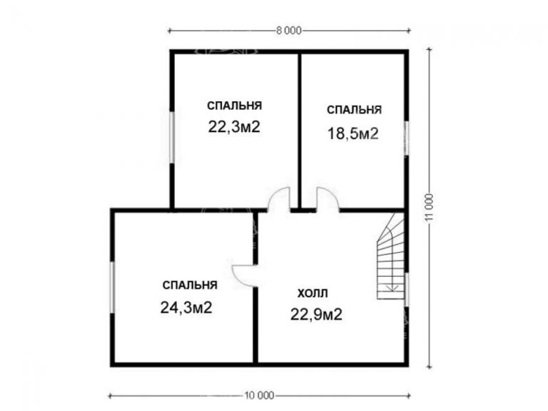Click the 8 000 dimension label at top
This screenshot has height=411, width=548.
tap(289, 30)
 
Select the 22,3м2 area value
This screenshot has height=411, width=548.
tap(233, 128)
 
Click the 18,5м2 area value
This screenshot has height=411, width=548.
tap(352, 133)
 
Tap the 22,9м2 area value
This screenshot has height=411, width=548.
tap(316, 313)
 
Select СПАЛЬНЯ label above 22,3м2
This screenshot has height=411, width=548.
tap(234, 106)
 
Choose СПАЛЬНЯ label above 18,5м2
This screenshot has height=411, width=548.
tap(354, 110)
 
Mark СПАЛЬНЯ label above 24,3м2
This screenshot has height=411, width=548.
tap(189, 285)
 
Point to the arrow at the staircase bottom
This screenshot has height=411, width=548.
tap(391, 288)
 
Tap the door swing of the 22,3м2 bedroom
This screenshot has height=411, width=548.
tap(279, 199)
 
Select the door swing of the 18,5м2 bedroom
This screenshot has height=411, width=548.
tap(328, 199)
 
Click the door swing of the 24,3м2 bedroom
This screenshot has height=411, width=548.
tap(244, 274)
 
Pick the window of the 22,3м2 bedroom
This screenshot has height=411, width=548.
tap(171, 137)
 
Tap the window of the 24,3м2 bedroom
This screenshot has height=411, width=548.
tap(111, 287)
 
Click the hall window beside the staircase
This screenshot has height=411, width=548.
tap(407, 288)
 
